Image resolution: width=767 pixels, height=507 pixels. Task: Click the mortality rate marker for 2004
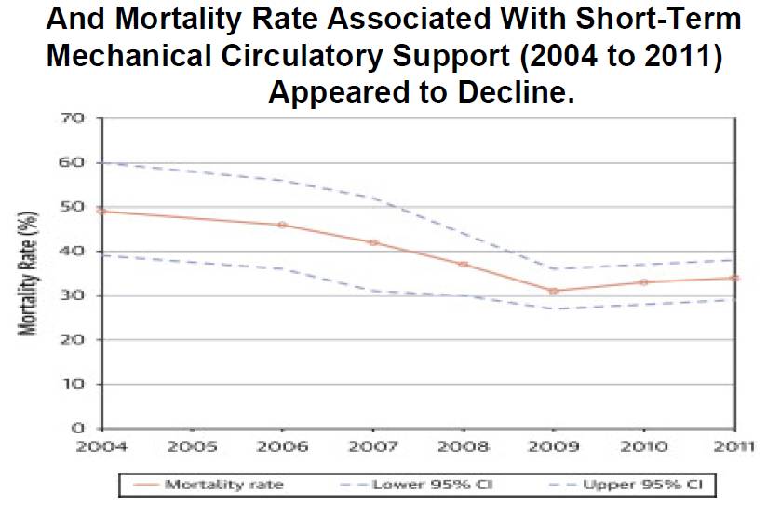[x=101, y=211]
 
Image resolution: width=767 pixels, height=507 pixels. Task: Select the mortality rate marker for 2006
[x=282, y=225]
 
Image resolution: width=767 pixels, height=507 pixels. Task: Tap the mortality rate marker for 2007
[x=372, y=242]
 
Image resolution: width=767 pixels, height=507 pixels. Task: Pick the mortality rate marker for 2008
[x=463, y=265]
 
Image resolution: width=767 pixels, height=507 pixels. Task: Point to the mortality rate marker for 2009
[x=553, y=291]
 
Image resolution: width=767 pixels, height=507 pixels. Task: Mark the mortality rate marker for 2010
[x=643, y=281]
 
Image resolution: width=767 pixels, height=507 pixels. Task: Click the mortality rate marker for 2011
[x=734, y=278]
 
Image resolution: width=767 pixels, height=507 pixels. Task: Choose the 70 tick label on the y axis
[x=74, y=118]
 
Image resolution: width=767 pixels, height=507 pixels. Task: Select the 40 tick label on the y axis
[x=74, y=252]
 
